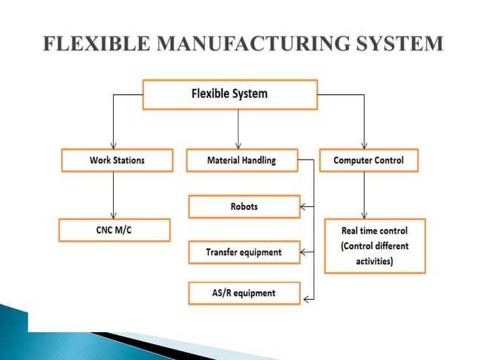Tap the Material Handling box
[241, 160]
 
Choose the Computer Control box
[367, 160]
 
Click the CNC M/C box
[112, 230]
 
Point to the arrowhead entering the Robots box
[304, 206]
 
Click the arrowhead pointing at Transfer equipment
[304, 252]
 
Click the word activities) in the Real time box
[375, 261]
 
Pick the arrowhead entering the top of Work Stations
[113, 145]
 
